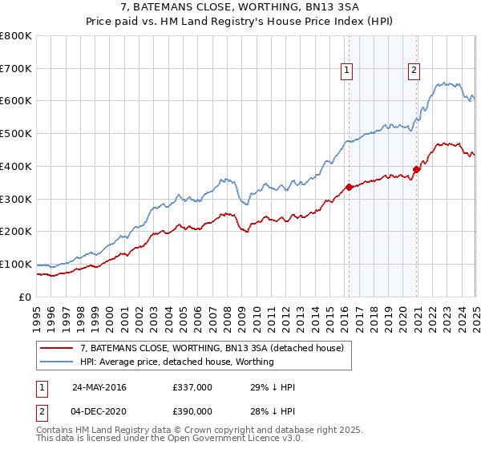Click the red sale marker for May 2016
349,187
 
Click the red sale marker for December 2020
416,169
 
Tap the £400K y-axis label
16,166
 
